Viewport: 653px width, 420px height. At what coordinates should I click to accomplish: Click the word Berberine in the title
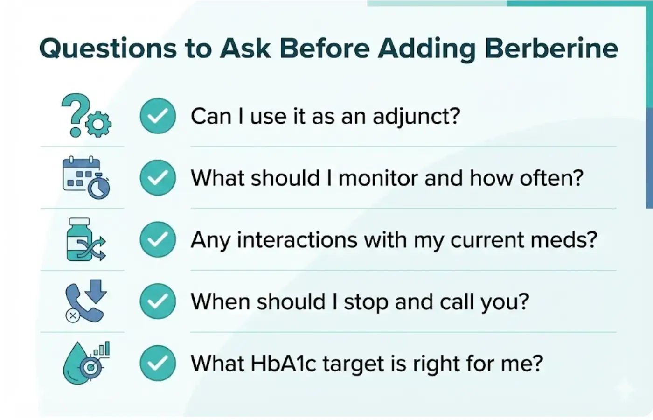click(x=551, y=48)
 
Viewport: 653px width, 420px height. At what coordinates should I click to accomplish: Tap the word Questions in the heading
click(x=108, y=48)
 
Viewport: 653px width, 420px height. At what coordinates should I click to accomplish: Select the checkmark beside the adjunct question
click(x=158, y=116)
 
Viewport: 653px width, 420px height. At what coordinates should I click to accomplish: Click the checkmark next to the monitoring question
click(x=158, y=178)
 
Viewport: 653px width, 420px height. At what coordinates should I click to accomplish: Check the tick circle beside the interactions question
click(x=158, y=240)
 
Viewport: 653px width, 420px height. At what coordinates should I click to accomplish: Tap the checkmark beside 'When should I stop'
click(x=158, y=301)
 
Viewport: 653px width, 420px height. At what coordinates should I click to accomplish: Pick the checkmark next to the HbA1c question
click(x=158, y=363)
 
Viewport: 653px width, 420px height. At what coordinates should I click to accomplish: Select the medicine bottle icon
click(x=79, y=239)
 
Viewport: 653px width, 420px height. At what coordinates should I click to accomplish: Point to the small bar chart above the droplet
click(x=102, y=349)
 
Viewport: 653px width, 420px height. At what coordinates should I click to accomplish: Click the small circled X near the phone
click(x=72, y=316)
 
